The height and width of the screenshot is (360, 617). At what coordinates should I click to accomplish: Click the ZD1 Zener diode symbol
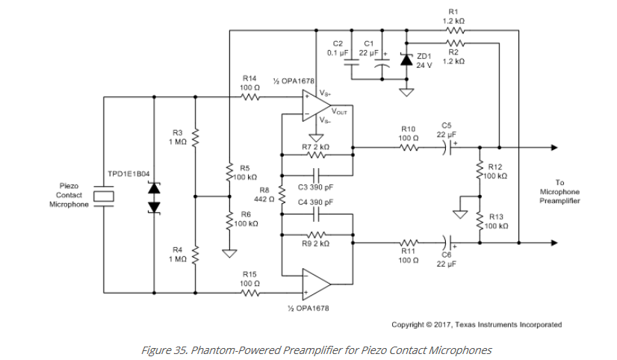pos(406,60)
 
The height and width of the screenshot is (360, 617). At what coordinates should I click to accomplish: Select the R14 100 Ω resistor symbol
pos(250,96)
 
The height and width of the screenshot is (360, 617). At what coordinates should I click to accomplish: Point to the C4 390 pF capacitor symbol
pos(317,214)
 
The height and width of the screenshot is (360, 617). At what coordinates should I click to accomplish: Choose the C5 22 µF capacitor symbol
pos(447,147)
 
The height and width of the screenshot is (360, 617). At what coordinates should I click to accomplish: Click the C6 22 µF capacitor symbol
pos(447,242)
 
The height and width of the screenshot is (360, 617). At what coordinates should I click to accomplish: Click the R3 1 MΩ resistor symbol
pos(195,137)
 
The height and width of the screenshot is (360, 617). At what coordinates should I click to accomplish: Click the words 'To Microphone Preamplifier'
pos(559,192)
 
